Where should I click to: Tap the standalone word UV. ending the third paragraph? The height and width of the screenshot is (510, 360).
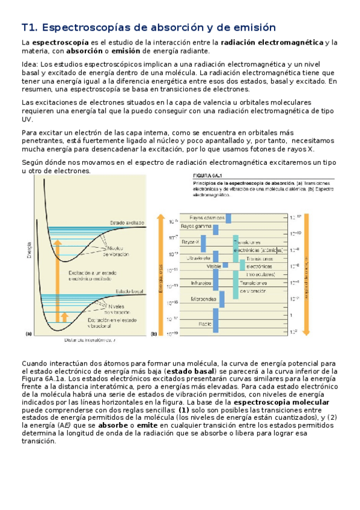tap(26, 120)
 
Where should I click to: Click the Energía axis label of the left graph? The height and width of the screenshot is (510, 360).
tap(25, 249)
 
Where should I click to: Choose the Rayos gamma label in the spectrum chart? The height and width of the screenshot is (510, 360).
tap(198, 226)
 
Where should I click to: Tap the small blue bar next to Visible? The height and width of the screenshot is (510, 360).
tap(227, 264)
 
